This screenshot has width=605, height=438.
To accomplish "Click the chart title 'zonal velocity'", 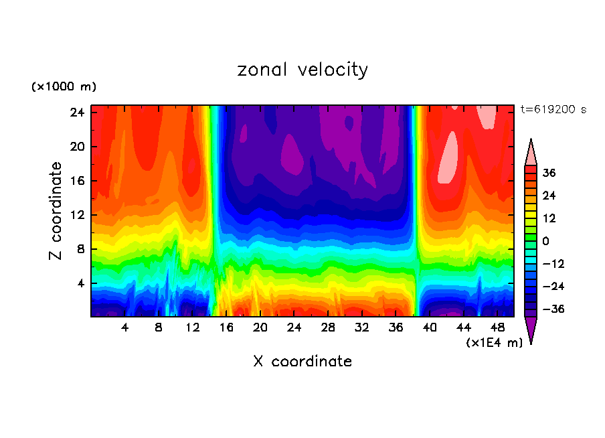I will click(302, 70).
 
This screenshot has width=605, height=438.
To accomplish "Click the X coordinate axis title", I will click(302, 361).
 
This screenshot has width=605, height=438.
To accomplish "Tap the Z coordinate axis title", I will click(57, 211).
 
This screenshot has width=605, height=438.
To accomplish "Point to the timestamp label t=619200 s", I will click(553, 109).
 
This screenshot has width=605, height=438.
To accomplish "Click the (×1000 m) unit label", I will click(64, 86).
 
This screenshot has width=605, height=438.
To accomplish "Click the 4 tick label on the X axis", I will click(124, 328).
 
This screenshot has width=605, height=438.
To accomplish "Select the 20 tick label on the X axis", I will click(260, 328).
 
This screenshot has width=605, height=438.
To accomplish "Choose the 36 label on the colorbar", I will click(549, 173).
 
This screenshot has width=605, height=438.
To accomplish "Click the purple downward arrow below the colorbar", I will click(531, 330).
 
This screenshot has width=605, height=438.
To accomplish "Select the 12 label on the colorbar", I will click(549, 218).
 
